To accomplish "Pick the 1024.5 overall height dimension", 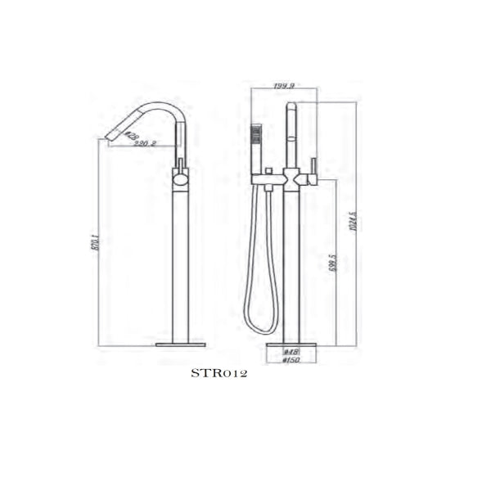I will pos(353,223).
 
